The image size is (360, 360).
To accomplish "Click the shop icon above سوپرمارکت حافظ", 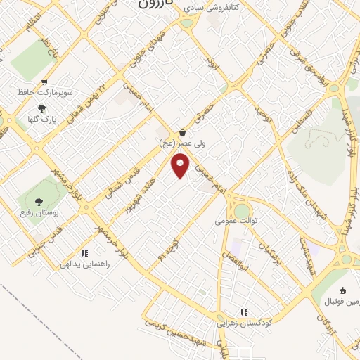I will (x=44, y=82).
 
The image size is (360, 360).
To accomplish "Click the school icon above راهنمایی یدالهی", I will (x=84, y=252).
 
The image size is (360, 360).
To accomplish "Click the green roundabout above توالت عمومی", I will (x=242, y=210).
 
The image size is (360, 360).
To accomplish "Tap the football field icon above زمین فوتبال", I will (x=342, y=291).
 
